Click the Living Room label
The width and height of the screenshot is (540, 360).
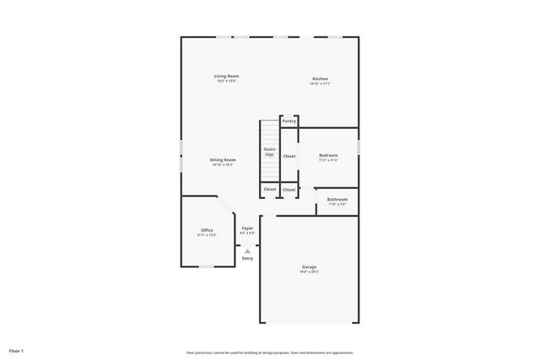click(x=226, y=77)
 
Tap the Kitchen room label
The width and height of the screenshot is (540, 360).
click(x=319, y=79)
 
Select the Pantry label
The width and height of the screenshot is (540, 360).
click(x=289, y=121)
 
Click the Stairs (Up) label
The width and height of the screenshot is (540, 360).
click(x=269, y=152)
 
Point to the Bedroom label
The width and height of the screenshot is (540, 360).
click(x=328, y=155)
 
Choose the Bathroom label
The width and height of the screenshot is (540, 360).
click(x=337, y=199)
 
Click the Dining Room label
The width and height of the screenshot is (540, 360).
click(x=223, y=159)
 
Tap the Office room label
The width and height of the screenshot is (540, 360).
click(x=207, y=230)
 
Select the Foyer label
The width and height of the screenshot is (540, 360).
click(x=247, y=228)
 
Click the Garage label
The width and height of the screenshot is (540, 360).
click(x=310, y=267)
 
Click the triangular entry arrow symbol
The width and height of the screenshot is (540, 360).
click(x=247, y=250)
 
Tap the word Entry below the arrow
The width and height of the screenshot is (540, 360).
click(x=247, y=258)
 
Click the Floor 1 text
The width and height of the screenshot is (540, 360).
click(x=17, y=350)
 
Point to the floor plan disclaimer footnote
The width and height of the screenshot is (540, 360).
click(x=269, y=352)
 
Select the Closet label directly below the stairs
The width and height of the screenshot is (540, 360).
click(x=269, y=190)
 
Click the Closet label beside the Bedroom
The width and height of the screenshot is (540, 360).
click(x=289, y=156)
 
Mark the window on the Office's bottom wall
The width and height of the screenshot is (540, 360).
click(x=207, y=266)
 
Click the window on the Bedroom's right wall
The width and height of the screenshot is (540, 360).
click(x=359, y=147)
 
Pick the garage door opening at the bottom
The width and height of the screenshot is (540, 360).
click(x=310, y=323)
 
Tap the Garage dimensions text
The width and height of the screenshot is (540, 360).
click(x=310, y=272)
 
